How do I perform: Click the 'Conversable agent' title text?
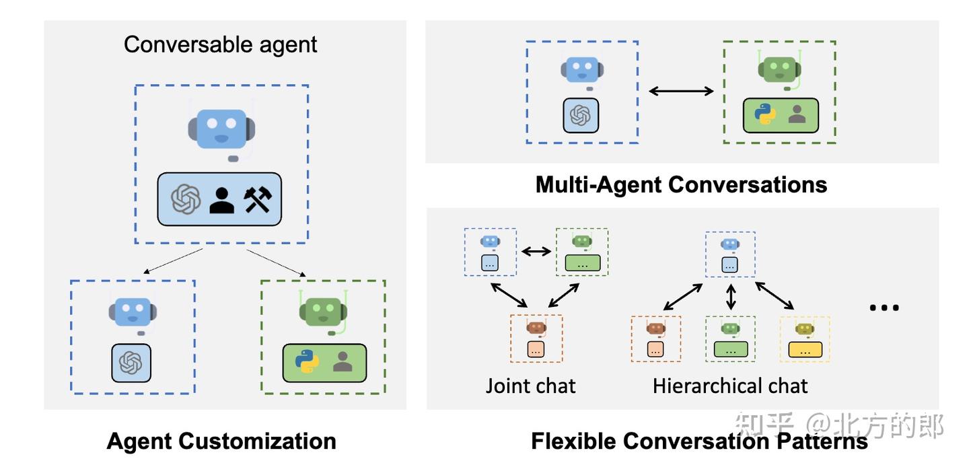tap(220, 44)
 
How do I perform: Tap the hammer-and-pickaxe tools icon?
tap(258, 199)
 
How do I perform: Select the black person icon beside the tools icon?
tap(221, 199)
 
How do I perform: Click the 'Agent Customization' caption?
tap(221, 441)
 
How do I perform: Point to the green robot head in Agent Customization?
tap(322, 312)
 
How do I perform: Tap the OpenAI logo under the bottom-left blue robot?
tap(131, 363)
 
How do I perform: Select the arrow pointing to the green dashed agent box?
tap(276, 262)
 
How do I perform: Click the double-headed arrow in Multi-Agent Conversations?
tap(681, 91)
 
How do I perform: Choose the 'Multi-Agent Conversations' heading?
tap(681, 184)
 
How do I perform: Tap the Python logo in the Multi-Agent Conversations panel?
tap(765, 115)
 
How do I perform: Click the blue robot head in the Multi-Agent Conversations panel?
tap(581, 71)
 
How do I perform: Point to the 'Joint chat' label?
tap(531, 386)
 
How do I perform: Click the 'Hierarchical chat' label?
tap(730, 386)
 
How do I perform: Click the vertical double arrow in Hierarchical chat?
tap(731, 296)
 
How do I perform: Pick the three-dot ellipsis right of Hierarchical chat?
tap(884, 308)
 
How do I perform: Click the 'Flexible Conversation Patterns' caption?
tap(699, 441)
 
